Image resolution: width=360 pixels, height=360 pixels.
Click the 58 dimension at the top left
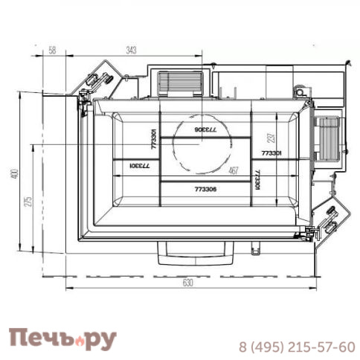click(x=52, y=50)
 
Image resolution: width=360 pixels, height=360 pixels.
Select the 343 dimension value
click(x=132, y=50)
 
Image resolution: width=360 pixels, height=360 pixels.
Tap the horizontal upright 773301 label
click(x=271, y=152)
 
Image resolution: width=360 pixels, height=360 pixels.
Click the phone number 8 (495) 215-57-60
click(x=296, y=347)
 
